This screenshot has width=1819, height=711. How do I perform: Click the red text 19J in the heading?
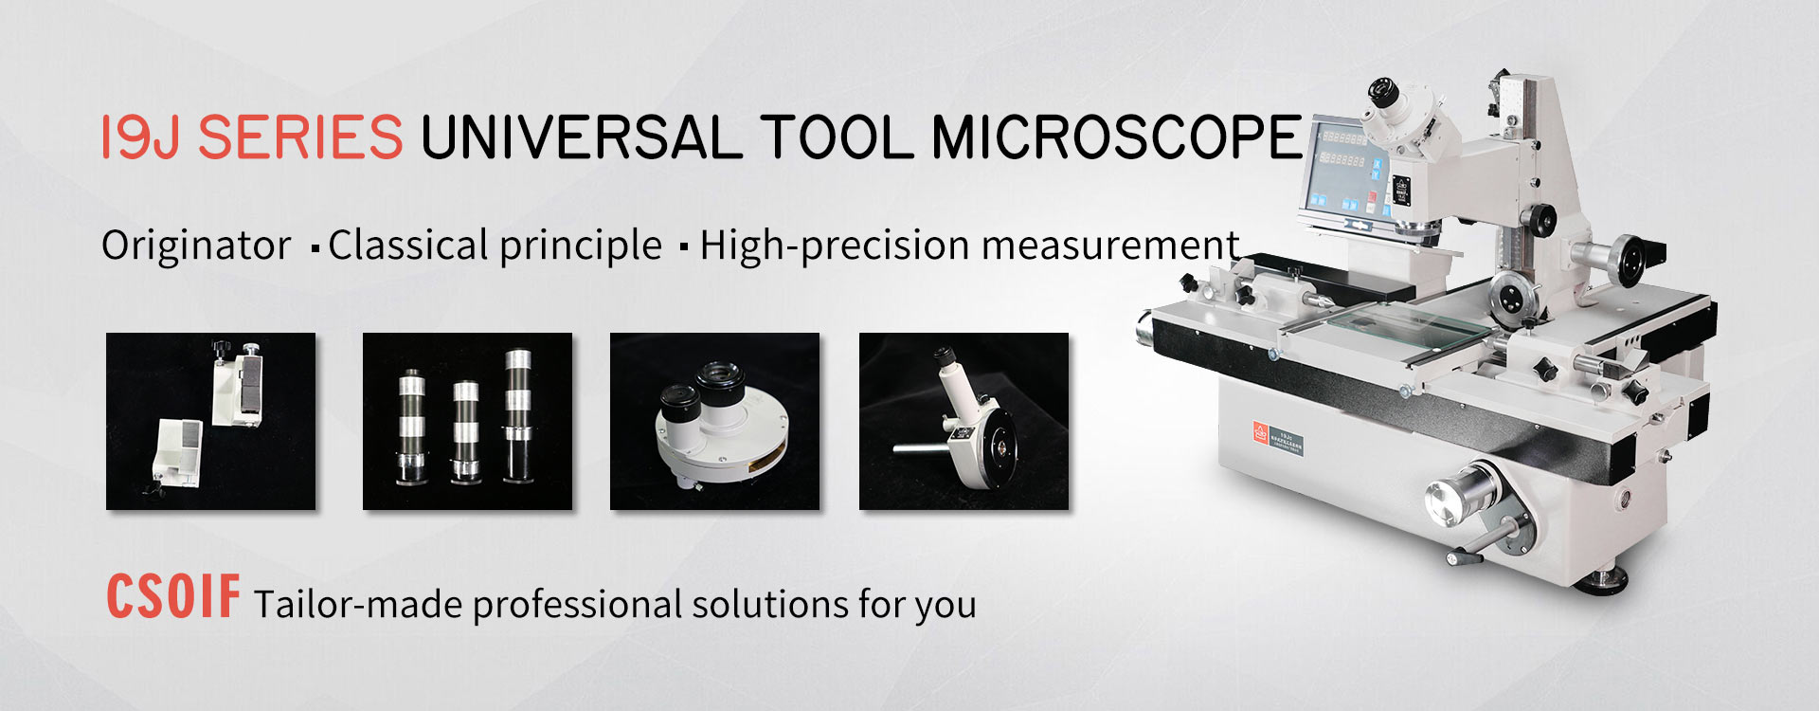(139, 137)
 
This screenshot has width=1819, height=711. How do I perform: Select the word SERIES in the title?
(300, 137)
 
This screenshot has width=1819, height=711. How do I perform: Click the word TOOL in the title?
(836, 137)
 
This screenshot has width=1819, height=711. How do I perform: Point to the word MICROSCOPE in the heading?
(1117, 137)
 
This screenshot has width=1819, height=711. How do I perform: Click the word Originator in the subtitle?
(196, 246)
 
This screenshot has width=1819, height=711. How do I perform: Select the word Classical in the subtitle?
(407, 246)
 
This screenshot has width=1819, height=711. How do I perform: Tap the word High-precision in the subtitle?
(835, 246)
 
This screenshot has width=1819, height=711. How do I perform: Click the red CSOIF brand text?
(172, 597)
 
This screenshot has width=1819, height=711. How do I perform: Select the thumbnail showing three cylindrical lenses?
(467, 421)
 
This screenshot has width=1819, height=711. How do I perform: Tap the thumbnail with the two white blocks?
(210, 421)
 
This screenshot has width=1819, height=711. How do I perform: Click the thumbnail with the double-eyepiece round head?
(714, 421)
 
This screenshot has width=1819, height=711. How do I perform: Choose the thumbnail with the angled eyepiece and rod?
(964, 421)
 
